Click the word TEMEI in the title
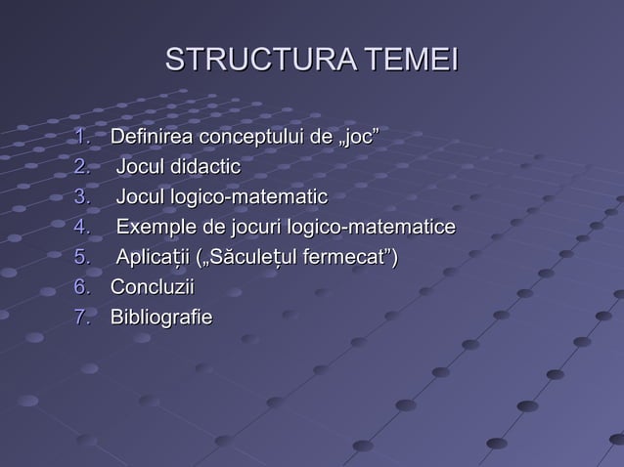pos(412,60)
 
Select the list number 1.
pos(82,136)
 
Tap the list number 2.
pos(82,167)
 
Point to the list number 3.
pos(82,197)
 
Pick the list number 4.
pos(82,228)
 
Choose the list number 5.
pos(82,258)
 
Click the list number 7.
pos(82,318)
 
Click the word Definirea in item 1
pos(152,136)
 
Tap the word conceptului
pos(249,137)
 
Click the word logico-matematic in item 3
pos(249,197)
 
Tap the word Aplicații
pos(154,259)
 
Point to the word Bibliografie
pos(161,318)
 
